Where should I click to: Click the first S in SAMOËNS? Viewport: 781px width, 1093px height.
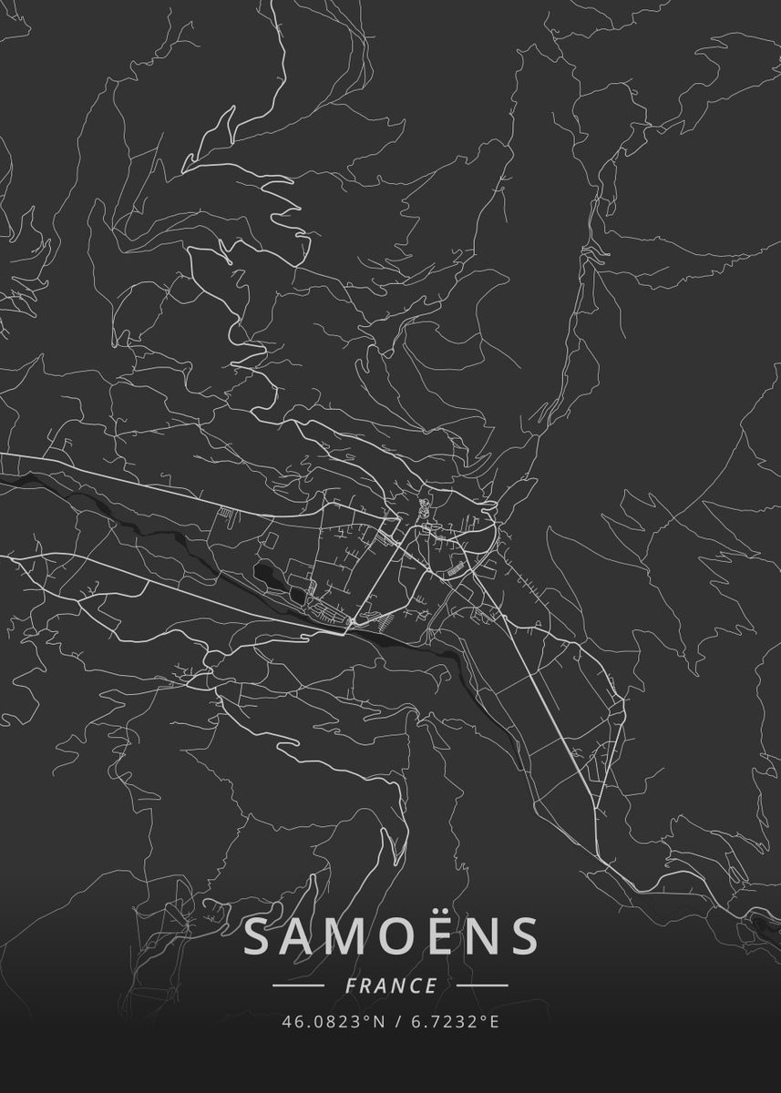tap(261, 937)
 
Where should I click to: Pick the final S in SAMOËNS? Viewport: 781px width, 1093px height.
tap(524, 937)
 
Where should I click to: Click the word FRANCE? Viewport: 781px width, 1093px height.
tap(391, 986)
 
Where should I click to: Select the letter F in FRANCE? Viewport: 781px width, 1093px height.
tap(351, 986)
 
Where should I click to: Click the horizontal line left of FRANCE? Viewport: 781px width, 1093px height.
tap(298, 986)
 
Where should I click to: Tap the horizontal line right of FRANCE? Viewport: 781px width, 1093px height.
tap(482, 986)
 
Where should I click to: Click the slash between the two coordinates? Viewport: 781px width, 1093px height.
tap(396, 1022)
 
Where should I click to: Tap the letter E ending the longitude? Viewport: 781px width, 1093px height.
tap(495, 1022)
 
